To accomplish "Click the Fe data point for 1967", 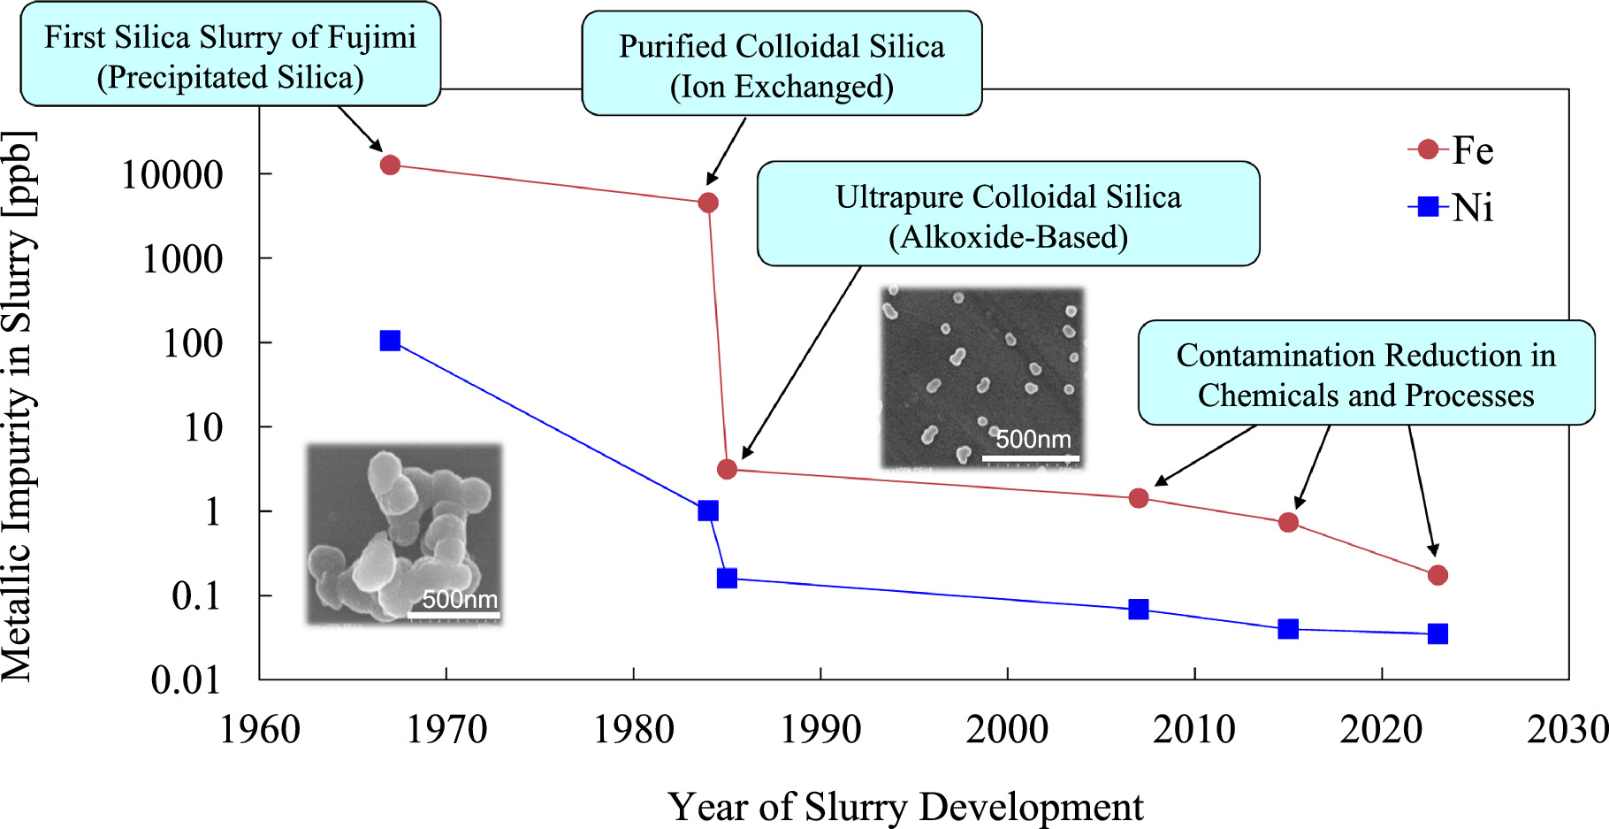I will tap(390, 165).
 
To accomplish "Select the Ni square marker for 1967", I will tap(390, 341).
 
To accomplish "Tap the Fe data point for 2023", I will tap(1437, 575).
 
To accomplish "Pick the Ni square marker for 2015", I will tap(1288, 629).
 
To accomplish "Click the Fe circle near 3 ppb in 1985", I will tap(727, 469).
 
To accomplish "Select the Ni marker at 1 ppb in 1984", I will tap(707, 510).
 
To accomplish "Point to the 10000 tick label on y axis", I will tap(172, 175).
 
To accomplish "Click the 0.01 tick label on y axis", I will tap(186, 680).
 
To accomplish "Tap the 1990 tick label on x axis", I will tap(820, 730).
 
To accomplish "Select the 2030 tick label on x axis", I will tap(1567, 730).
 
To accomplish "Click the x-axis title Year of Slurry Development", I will tap(905, 807).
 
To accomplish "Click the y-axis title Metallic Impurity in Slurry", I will tap(19, 407).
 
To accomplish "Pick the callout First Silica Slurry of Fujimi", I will tap(230, 56).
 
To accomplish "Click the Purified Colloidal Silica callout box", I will tap(782, 65).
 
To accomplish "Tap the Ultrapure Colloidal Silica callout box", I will tap(1008, 215).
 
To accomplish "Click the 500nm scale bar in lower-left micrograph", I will tap(454, 614).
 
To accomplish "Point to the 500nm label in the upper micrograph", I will tap(1033, 439).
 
